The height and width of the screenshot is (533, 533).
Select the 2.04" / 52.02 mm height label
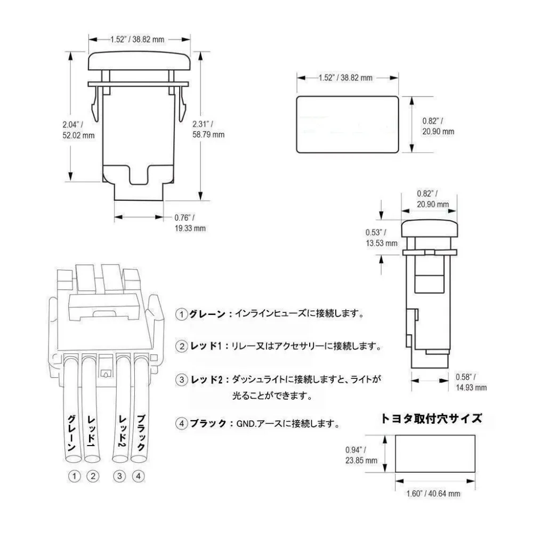coord(78,130)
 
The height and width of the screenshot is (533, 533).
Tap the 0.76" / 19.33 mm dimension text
coord(190,223)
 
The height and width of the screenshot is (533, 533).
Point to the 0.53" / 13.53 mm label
coord(381,238)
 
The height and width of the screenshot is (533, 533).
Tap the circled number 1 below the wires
coord(75,476)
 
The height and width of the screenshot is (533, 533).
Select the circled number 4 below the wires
coord(138,476)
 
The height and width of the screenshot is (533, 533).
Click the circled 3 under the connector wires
coord(120,476)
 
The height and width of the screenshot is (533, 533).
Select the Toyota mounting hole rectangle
coord(435,454)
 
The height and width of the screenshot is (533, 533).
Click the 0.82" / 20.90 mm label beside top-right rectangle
coord(438,126)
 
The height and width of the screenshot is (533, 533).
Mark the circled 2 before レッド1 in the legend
coord(182,347)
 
